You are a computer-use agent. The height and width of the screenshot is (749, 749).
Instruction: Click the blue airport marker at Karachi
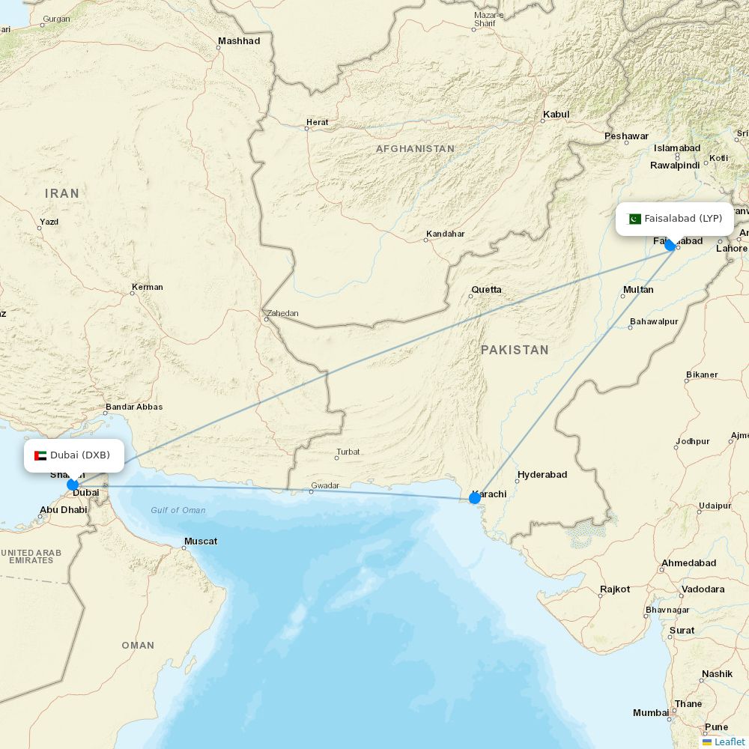pos(475,497)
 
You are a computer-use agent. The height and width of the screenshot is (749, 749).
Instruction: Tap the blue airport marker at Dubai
pos(73,485)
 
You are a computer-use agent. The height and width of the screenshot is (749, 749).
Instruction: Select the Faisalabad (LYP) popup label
pos(675,219)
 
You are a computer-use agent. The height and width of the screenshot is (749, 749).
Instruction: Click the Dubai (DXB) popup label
pos(74,455)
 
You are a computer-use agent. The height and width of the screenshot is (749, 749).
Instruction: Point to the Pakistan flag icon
pos(634,219)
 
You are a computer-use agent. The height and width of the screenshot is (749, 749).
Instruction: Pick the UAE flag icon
pos(40,455)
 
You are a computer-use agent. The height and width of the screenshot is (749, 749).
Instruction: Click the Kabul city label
pos(556,115)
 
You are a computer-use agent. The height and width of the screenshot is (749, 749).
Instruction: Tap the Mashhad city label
pos(239,41)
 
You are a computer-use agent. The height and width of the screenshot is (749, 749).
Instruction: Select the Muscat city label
pos(201,541)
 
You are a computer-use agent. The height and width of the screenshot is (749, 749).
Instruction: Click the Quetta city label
pos(486,290)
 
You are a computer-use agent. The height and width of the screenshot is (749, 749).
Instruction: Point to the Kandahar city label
pos(445,234)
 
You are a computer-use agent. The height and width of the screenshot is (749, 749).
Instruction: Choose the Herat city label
pos(317,122)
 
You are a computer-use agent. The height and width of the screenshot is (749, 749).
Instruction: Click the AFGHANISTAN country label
pos(415,149)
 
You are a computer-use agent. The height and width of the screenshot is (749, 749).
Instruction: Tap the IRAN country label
pos(62,193)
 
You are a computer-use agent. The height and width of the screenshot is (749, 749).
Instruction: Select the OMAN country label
pos(138,645)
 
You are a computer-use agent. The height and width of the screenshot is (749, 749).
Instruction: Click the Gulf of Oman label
pos(178,511)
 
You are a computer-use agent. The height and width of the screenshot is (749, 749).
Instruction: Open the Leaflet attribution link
pos(729,742)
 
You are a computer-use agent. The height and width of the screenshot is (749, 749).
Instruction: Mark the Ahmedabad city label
pos(688,563)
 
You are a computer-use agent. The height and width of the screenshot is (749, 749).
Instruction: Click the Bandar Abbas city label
pos(134,407)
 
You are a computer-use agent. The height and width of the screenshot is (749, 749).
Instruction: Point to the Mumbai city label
pos(650,712)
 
